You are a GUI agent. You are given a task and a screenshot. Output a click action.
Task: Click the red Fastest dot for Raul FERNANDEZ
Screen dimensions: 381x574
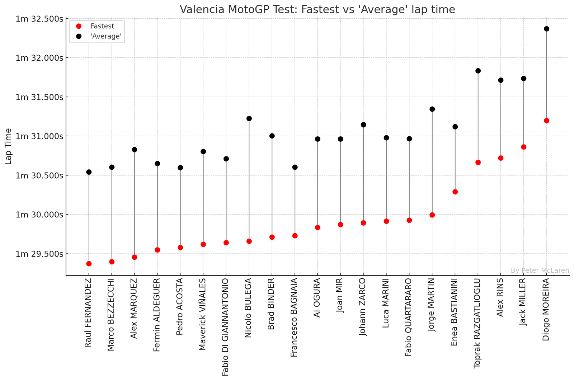pos(89,264)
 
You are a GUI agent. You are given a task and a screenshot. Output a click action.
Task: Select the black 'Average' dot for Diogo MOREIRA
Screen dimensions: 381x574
pos(546,29)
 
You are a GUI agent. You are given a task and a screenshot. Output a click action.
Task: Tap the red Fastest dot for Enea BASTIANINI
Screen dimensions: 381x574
pos(455,192)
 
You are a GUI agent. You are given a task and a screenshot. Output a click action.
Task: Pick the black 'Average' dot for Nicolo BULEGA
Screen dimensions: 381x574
pos(249,118)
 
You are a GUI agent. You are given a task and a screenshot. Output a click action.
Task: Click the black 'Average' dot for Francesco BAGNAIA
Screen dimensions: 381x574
pos(295,167)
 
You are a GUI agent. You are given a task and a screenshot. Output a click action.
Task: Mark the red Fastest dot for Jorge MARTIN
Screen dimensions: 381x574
pos(432,215)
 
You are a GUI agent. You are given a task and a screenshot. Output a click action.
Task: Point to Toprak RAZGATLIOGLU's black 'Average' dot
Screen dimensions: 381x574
pos(478,71)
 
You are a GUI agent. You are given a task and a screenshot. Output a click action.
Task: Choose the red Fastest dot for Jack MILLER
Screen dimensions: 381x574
pos(523,147)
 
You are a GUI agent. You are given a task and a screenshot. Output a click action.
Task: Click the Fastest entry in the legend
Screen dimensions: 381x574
pos(102,26)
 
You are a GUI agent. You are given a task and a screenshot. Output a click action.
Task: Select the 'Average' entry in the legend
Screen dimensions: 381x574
pos(106,36)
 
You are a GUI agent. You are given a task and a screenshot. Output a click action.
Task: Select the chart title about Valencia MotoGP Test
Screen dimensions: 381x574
pos(317,9)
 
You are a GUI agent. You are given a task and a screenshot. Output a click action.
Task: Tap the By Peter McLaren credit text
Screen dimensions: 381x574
pos(540,270)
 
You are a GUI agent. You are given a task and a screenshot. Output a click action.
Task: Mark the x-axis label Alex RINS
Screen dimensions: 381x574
pos(500,297)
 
